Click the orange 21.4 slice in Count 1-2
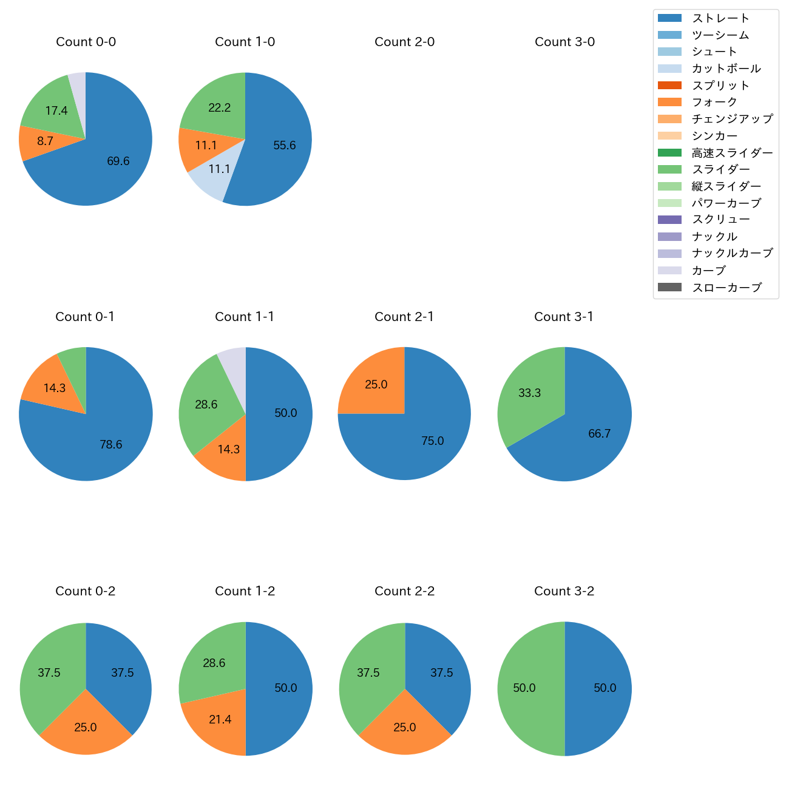[218, 722]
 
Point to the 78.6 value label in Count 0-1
[111, 445]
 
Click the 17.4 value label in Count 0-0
[56, 111]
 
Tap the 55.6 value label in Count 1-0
[285, 146]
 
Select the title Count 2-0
[405, 42]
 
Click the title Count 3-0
[564, 42]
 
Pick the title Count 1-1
[245, 317]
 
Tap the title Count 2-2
[405, 591]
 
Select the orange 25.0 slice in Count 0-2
[86, 728]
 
